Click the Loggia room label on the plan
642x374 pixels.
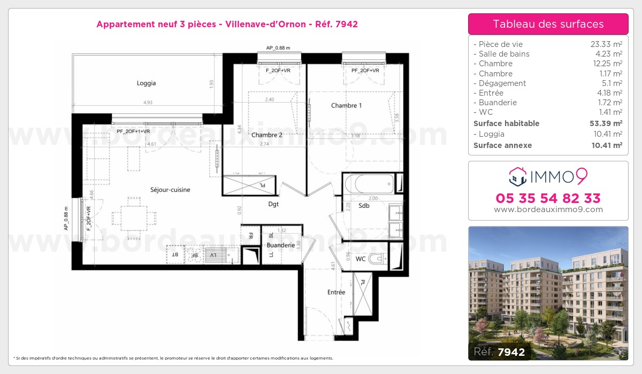pyautogui.click(x=146, y=83)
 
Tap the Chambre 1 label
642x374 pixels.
pyautogui.click(x=346, y=106)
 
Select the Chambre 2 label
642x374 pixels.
pyautogui.click(x=266, y=135)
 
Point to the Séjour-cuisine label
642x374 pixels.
pyautogui.click(x=170, y=190)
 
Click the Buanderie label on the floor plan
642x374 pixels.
pyautogui.click(x=281, y=245)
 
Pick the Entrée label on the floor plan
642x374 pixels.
pyautogui.click(x=337, y=292)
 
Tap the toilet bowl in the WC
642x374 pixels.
pyautogui.click(x=377, y=260)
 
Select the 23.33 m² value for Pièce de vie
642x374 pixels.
pyautogui.click(x=606, y=44)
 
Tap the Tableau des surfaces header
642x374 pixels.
pyautogui.click(x=548, y=24)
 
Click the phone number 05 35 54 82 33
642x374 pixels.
pyautogui.click(x=548, y=198)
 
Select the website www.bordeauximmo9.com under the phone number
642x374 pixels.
pyautogui.click(x=548, y=209)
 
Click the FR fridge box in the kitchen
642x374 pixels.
pyautogui.click(x=250, y=235)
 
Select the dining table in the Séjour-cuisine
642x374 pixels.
pyautogui.click(x=134, y=217)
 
